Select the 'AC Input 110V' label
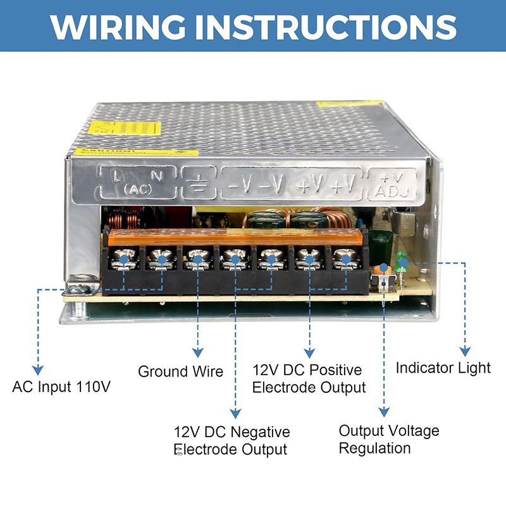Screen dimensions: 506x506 click(x=62, y=386)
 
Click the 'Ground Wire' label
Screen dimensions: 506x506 click(x=181, y=371)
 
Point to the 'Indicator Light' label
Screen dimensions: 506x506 click(x=443, y=367)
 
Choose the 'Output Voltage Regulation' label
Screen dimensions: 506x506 click(x=388, y=440)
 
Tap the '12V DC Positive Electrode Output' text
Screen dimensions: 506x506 click(x=309, y=378)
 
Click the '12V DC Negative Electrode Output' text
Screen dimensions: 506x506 click(x=231, y=441)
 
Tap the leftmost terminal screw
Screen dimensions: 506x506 click(x=124, y=259)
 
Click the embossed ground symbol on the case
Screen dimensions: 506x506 click(x=199, y=185)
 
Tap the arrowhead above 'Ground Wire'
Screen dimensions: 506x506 click(x=198, y=352)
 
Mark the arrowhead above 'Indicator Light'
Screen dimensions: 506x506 click(x=465, y=352)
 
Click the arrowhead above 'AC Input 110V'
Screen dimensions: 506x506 click(x=38, y=370)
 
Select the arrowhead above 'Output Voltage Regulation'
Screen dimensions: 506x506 click(x=383, y=413)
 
